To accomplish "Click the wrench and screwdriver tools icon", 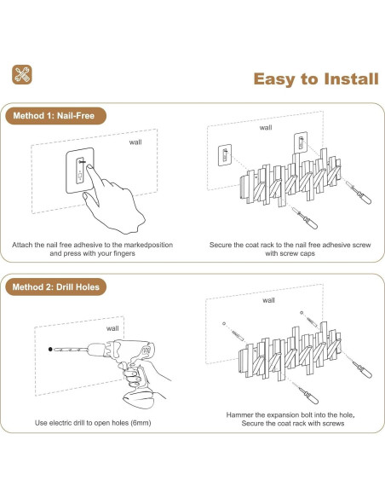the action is (x=22, y=75).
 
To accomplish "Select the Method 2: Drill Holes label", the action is (x=56, y=287).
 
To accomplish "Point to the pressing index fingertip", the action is (x=89, y=167).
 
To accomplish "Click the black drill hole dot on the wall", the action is (x=50, y=349).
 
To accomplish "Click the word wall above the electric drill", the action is (x=112, y=328).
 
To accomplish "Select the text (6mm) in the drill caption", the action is (x=141, y=423).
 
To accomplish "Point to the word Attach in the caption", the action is (x=22, y=245).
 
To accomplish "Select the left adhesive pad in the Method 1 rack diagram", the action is (x=225, y=155).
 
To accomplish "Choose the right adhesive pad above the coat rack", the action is (x=301, y=142).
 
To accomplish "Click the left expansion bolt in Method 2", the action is (x=237, y=335).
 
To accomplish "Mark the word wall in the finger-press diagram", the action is (x=135, y=142).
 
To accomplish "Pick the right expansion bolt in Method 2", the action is (x=312, y=322).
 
